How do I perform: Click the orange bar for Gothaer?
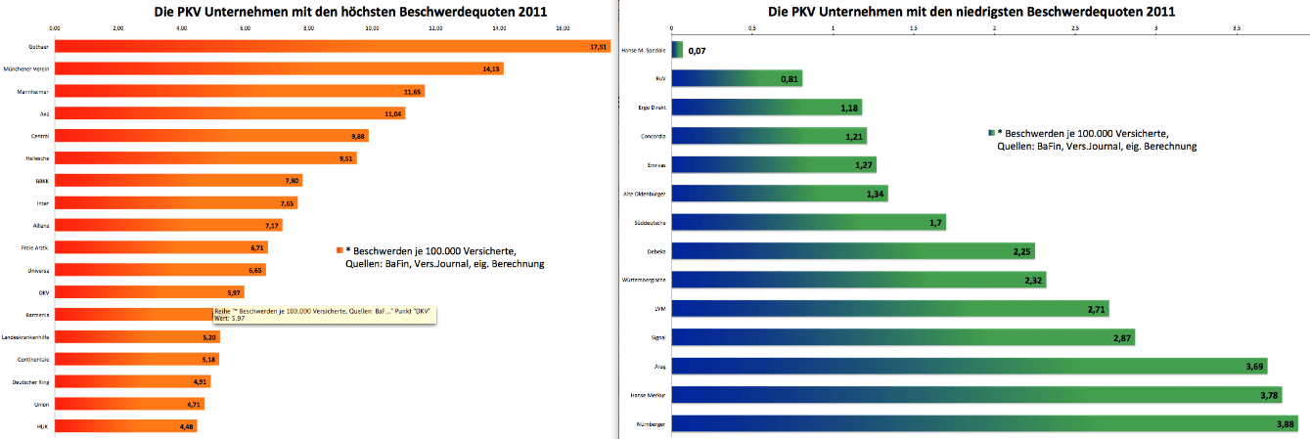[333, 46]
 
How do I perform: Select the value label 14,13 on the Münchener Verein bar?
[491, 69]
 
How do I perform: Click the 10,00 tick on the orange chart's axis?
[372, 28]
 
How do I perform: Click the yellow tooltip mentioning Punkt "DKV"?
[324, 315]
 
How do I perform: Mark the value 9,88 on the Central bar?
[357, 136]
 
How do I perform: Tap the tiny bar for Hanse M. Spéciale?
[677, 49]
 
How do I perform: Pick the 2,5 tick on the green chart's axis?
[1075, 28]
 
